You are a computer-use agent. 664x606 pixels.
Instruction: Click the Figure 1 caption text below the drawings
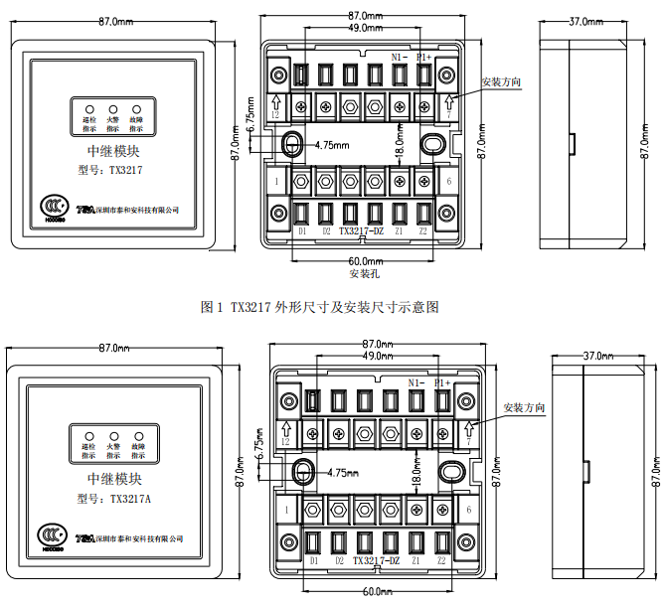[319, 308]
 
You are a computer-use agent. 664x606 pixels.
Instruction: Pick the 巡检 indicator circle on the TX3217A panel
[88, 434]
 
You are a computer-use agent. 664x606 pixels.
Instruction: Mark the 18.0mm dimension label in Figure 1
[400, 149]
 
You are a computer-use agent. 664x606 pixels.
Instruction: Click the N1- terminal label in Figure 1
[400, 58]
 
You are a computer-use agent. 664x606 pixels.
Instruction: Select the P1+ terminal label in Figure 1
[424, 58]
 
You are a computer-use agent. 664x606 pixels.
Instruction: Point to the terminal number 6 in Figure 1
[449, 181]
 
